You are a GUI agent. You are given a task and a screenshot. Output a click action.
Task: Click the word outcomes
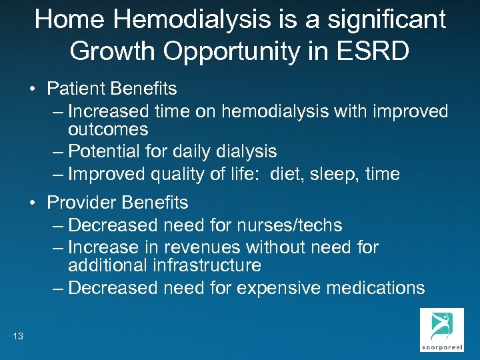tap(108, 129)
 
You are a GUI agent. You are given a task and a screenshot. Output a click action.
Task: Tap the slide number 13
tap(18, 336)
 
